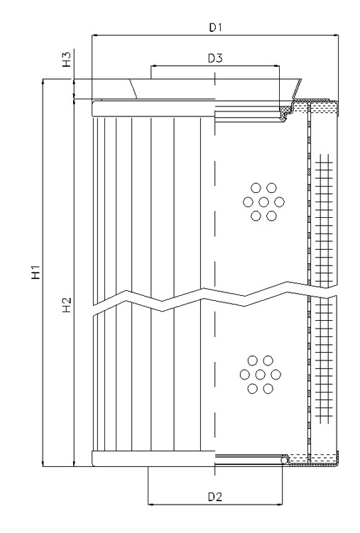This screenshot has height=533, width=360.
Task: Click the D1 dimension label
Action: click(x=215, y=27)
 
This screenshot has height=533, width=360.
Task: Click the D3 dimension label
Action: click(x=215, y=58)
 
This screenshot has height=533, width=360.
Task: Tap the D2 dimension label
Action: click(x=215, y=497)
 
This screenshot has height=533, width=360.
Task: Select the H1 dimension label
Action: click(x=36, y=273)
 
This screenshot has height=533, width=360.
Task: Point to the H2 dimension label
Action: click(x=67, y=305)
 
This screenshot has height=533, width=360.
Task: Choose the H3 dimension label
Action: click(x=67, y=60)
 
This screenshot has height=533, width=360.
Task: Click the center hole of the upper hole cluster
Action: click(x=264, y=202)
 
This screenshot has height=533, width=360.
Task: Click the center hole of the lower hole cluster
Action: click(x=260, y=375)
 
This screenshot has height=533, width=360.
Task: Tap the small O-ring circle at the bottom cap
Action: click(x=285, y=460)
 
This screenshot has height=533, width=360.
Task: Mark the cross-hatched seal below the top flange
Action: click(x=285, y=110)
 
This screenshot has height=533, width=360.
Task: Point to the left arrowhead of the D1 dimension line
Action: click(x=95, y=35)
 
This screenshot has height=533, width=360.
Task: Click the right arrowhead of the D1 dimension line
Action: click(x=336, y=35)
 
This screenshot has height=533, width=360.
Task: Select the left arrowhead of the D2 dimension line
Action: click(x=151, y=504)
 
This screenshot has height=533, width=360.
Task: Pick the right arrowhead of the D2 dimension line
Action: click(x=280, y=504)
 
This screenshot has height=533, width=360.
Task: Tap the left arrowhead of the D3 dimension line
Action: click(x=153, y=65)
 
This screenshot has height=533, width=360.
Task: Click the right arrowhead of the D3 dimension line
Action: click(x=276, y=65)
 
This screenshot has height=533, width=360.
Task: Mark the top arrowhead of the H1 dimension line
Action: click(x=43, y=82)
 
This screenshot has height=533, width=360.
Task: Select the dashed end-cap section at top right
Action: click(x=315, y=109)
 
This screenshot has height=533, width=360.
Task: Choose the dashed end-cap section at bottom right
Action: click(x=312, y=459)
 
